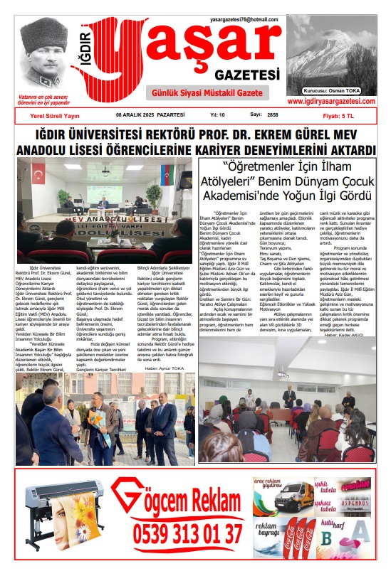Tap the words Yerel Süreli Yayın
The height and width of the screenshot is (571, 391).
coord(51,115)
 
